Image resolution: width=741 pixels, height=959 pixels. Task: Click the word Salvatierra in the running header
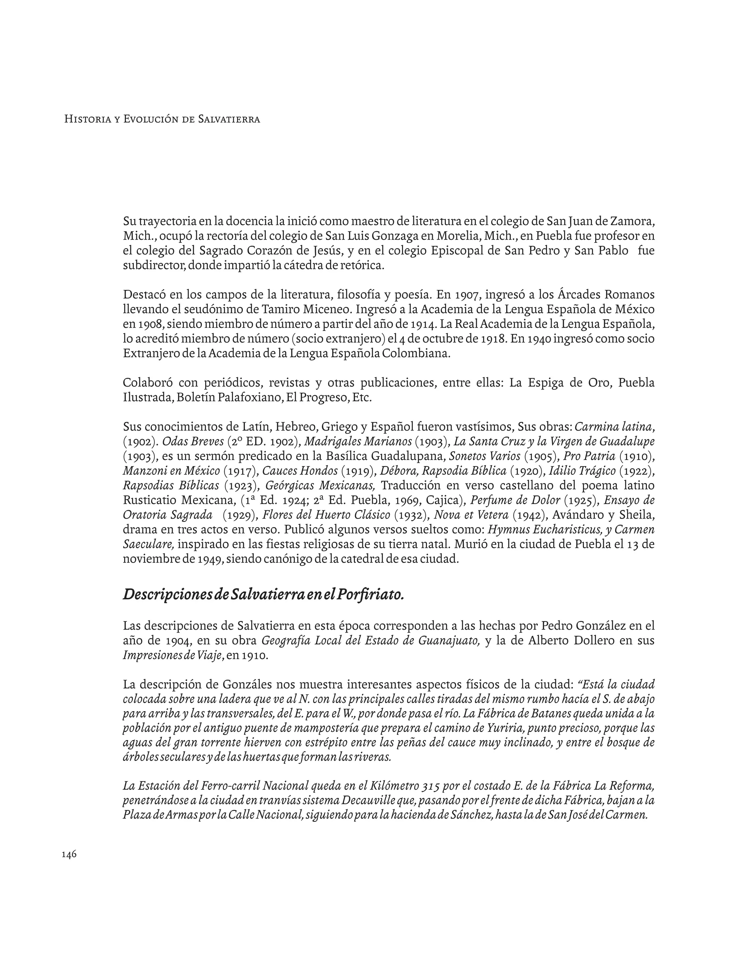coord(229,119)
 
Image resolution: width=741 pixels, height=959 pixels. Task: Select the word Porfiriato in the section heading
coord(374,594)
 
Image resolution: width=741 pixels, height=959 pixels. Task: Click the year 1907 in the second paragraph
coord(467,294)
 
